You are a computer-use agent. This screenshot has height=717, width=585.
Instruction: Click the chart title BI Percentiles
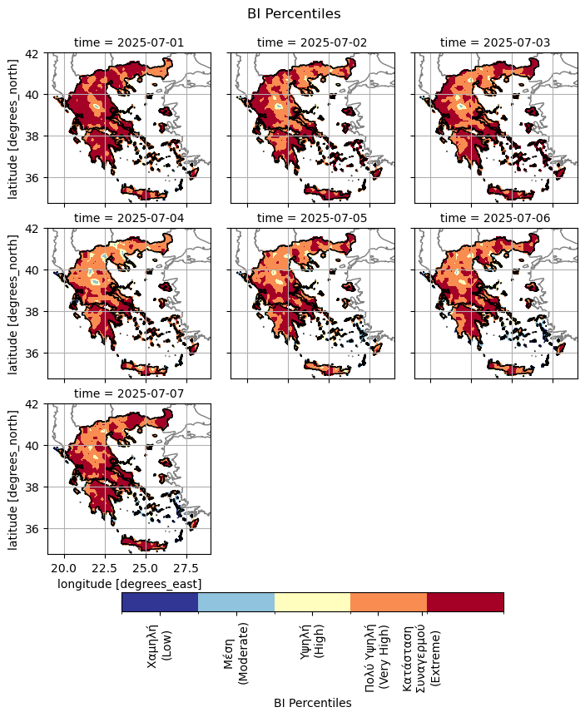[x=294, y=13]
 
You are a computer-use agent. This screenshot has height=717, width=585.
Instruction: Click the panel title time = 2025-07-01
[x=129, y=42]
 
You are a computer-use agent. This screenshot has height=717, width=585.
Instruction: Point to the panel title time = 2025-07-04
[x=129, y=218]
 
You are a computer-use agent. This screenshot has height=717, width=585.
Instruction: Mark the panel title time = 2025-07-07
[x=129, y=393]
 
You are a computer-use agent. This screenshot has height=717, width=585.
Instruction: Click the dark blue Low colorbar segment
[x=160, y=602]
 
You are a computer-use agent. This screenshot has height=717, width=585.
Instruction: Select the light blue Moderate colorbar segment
[x=236, y=602]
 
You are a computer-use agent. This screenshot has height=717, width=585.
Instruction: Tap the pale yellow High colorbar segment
[x=312, y=602]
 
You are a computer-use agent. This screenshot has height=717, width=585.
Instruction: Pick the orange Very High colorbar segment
[x=389, y=602]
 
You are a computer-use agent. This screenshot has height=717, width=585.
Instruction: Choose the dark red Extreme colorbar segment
[x=465, y=602]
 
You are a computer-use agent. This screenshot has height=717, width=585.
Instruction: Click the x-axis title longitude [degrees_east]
[x=129, y=585]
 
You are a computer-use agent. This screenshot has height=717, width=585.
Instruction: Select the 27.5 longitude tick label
[x=186, y=568]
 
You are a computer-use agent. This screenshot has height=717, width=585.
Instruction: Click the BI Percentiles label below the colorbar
[x=312, y=703]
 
